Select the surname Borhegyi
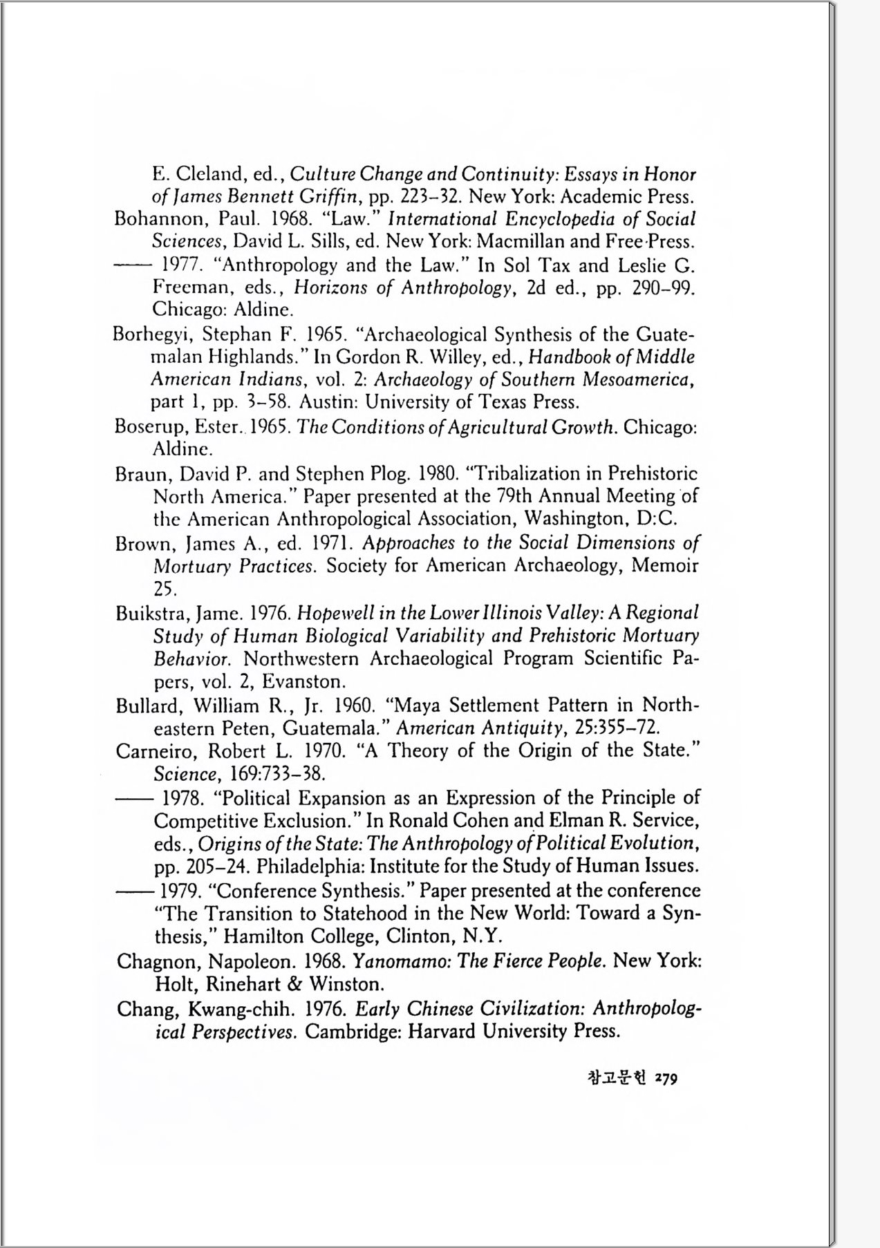[x=153, y=335]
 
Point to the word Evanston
[x=308, y=682]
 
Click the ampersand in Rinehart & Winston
[x=298, y=984]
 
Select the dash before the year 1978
[x=131, y=800]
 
